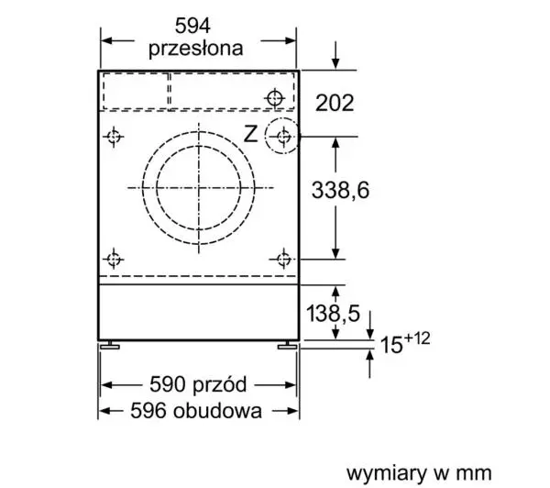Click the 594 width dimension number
coord(192,26)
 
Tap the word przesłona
coord(196,49)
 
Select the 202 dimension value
coord(335,104)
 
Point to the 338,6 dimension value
coord(340,190)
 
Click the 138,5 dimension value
coord(334,313)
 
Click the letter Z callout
coord(251,134)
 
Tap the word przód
coord(220,383)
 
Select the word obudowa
coord(218,410)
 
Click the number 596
coord(148,410)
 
